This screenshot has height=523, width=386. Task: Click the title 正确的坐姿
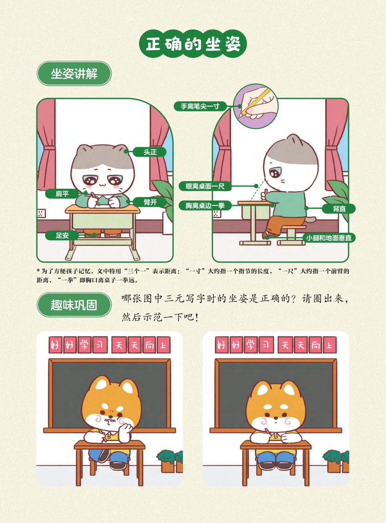(x=193, y=44)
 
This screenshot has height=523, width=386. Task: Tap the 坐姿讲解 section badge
(x=74, y=74)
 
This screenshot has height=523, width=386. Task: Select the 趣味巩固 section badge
(x=74, y=305)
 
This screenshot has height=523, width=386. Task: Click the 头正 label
(x=150, y=152)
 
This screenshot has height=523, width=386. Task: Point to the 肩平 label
(x=62, y=194)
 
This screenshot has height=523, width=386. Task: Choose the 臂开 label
(x=150, y=202)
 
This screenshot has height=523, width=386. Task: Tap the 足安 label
(x=62, y=235)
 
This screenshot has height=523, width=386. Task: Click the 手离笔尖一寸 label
(x=200, y=106)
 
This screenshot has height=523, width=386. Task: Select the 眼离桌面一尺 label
(x=205, y=186)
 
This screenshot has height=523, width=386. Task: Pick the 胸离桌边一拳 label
(x=205, y=205)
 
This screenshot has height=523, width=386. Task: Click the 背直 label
(x=339, y=209)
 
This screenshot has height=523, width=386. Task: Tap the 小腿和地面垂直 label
(x=328, y=238)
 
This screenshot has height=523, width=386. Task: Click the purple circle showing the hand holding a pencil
(x=256, y=106)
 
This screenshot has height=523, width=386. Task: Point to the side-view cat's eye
(x=274, y=173)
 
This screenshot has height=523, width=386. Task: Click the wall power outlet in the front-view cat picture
(x=41, y=214)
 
